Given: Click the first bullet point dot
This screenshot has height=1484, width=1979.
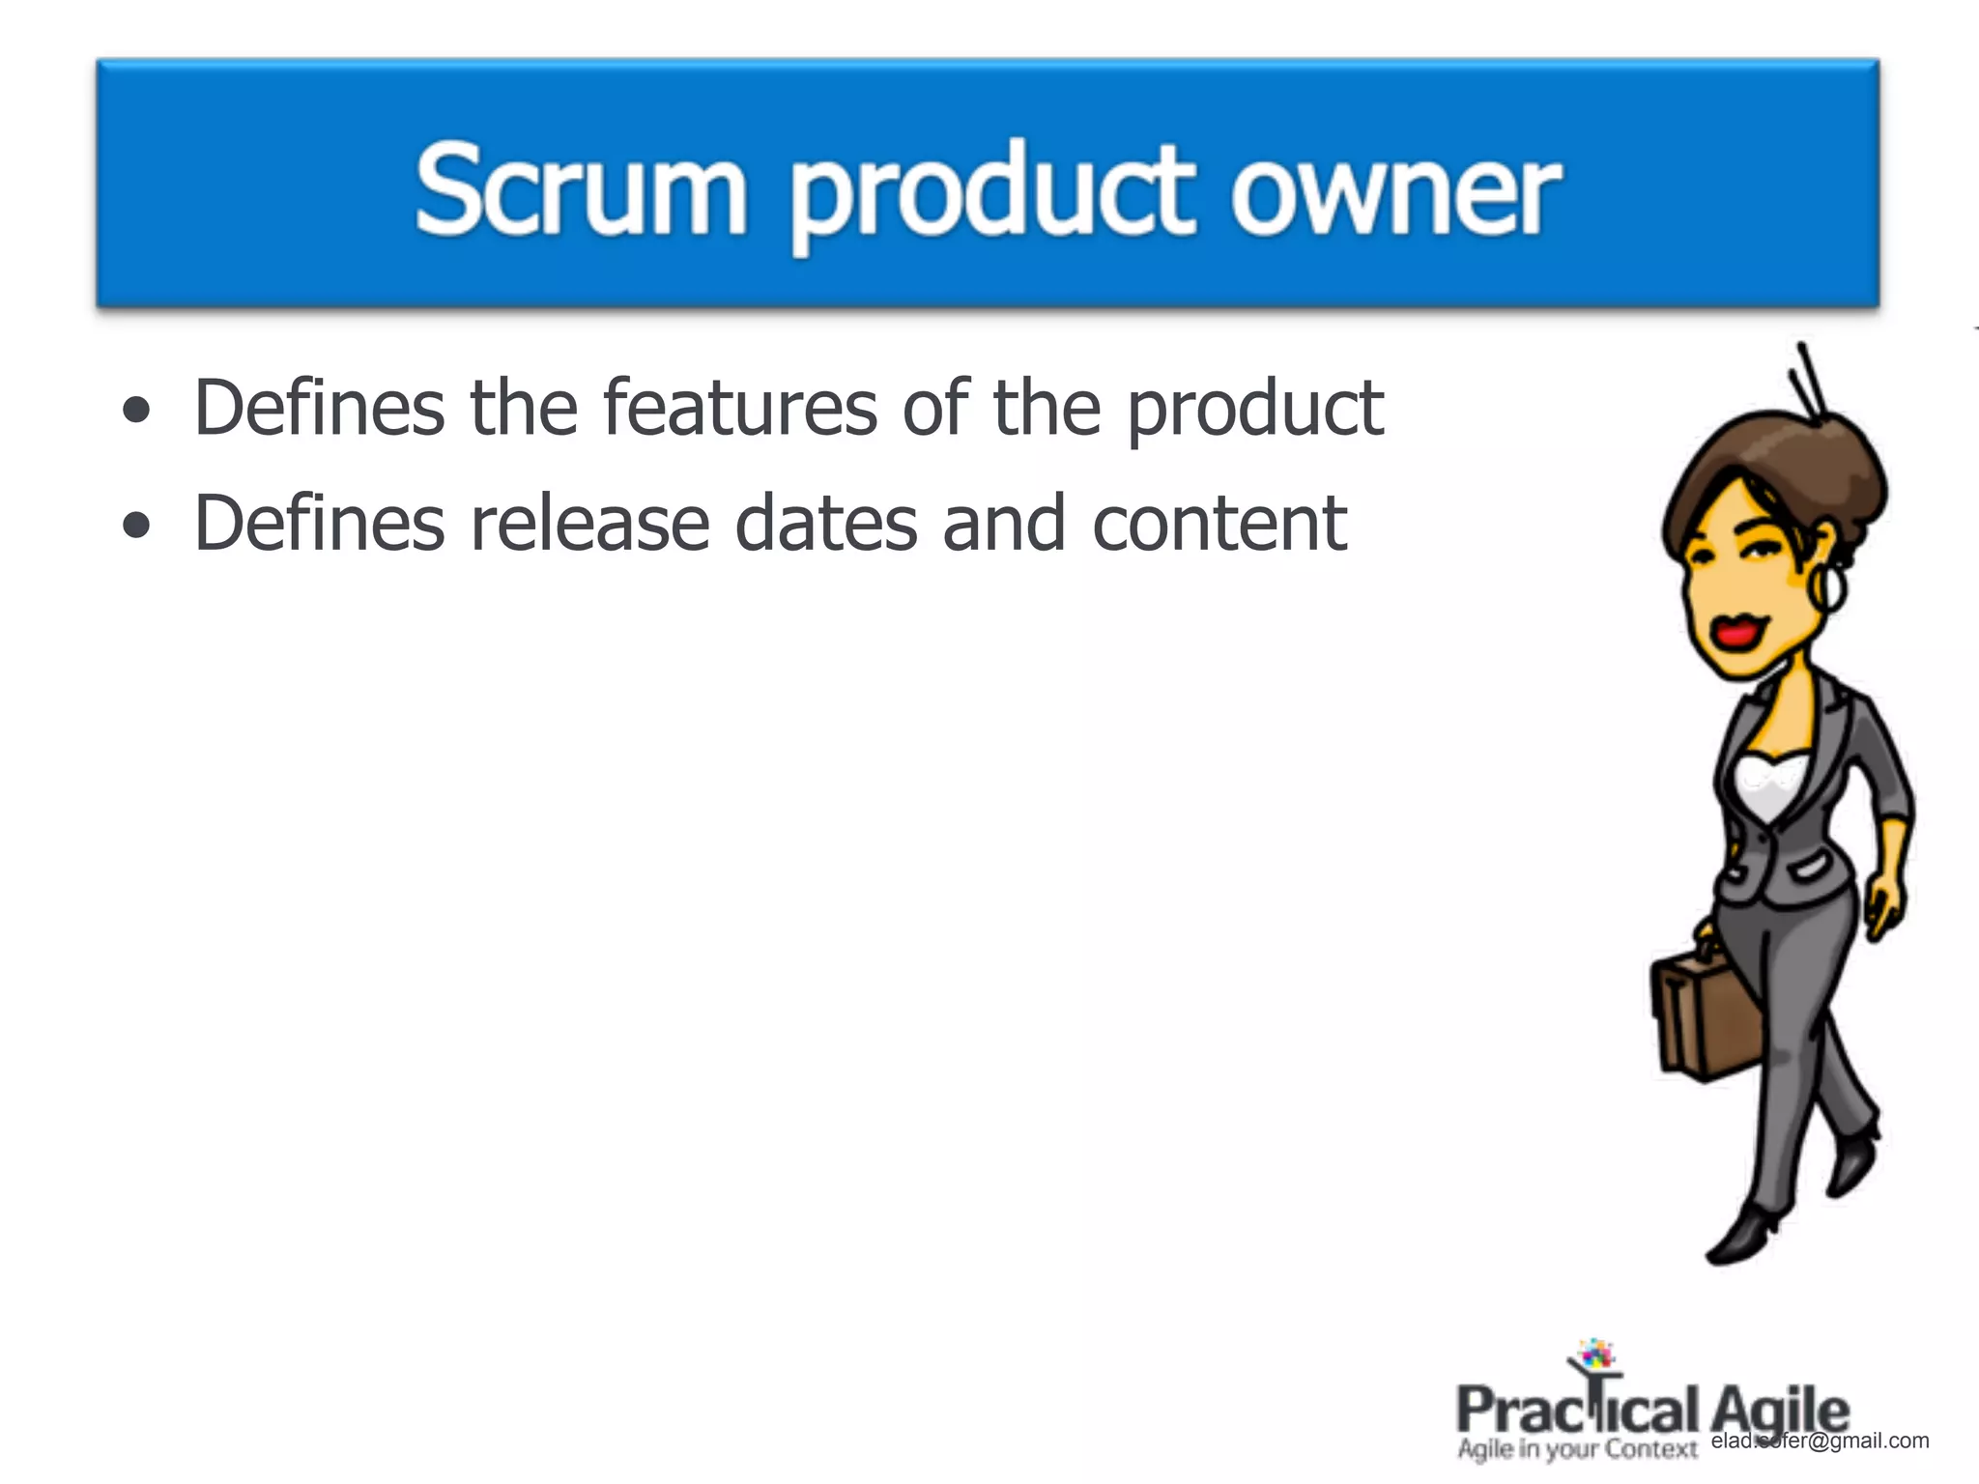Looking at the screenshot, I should [x=137, y=411].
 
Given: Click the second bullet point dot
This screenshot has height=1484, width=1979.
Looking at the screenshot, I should [x=137, y=526].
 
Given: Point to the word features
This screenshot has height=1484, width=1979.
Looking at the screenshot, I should [x=739, y=408].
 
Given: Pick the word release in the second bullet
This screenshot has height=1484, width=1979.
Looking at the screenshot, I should [x=589, y=524].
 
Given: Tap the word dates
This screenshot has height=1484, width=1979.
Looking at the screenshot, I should [x=825, y=524].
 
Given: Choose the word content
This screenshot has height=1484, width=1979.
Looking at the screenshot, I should [x=1219, y=524].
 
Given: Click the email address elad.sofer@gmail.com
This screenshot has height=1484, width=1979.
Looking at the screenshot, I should [x=1820, y=1441].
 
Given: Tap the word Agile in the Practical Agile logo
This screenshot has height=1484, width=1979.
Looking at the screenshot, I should [x=1779, y=1410].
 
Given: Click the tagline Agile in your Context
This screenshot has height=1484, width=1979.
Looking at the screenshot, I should [x=1577, y=1449].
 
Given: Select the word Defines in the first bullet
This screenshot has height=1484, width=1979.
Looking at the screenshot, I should [x=319, y=408].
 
